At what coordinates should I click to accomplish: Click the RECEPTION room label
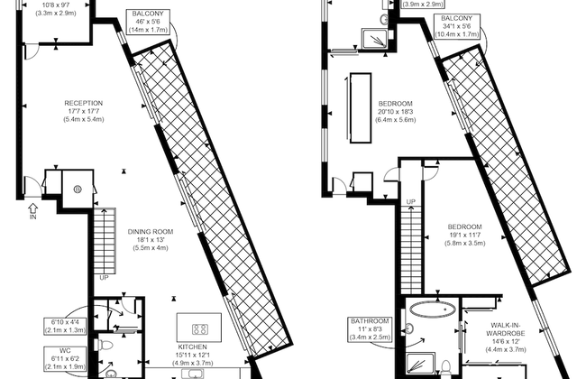click(x=82, y=111)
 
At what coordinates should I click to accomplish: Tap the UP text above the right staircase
click(x=410, y=201)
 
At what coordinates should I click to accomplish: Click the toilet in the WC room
click(x=106, y=344)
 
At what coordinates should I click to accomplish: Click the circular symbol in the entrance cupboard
click(x=78, y=189)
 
